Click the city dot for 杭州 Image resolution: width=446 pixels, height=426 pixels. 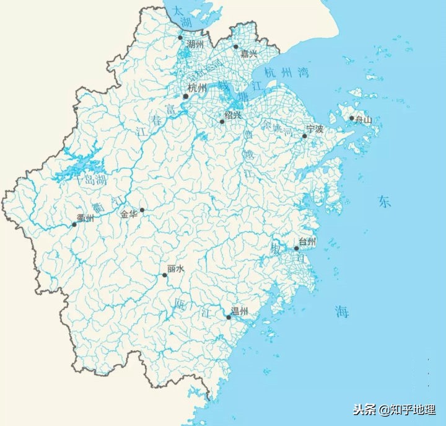pos(185,96)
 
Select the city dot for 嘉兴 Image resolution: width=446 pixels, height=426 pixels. pos(235,47)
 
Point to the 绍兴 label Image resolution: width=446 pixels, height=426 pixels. pos(233,115)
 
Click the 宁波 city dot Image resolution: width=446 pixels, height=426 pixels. pos(304,136)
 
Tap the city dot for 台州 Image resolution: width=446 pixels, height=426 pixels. pos(297,248)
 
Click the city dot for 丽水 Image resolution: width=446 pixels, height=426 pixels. pos(164,275)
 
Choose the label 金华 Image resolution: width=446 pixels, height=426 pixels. pos(129,214)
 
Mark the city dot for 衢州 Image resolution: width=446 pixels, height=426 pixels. pos(74,224)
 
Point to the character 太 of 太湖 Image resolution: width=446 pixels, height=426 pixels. pos(178,11)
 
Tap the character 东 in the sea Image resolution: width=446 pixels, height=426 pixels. pos(385,202)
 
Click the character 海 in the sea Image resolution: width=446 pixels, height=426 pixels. pos(342,311)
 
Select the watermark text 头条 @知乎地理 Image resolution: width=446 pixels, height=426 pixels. pos(394,410)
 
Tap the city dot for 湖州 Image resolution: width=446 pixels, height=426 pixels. pos(180,37)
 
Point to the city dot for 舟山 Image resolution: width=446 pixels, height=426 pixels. pos(351,118)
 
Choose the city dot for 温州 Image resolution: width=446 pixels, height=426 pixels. pos(229,317)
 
